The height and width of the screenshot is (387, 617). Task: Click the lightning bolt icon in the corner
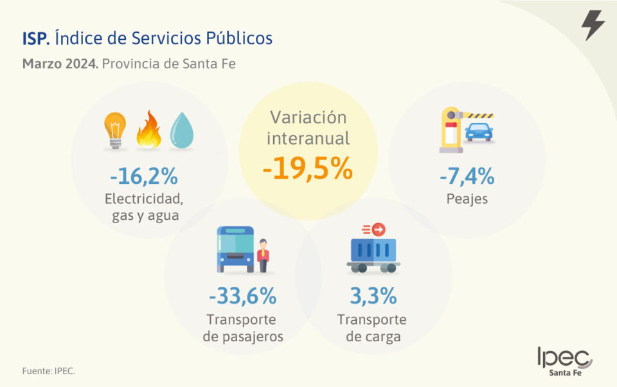[x=593, y=25]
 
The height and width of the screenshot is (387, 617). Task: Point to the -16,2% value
[x=143, y=175]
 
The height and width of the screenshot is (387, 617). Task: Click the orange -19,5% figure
[x=307, y=168]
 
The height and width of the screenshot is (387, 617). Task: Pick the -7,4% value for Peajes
[x=467, y=175]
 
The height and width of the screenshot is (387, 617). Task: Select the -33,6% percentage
[x=242, y=296]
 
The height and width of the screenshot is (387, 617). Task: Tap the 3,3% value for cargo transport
[x=373, y=296]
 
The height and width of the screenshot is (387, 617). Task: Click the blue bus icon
[x=235, y=249]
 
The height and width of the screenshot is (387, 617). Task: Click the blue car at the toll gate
[x=478, y=132]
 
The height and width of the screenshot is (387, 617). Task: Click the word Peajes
[x=467, y=199]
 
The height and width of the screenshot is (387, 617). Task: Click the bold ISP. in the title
[x=35, y=39]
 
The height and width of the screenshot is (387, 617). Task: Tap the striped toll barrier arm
[x=478, y=115]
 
